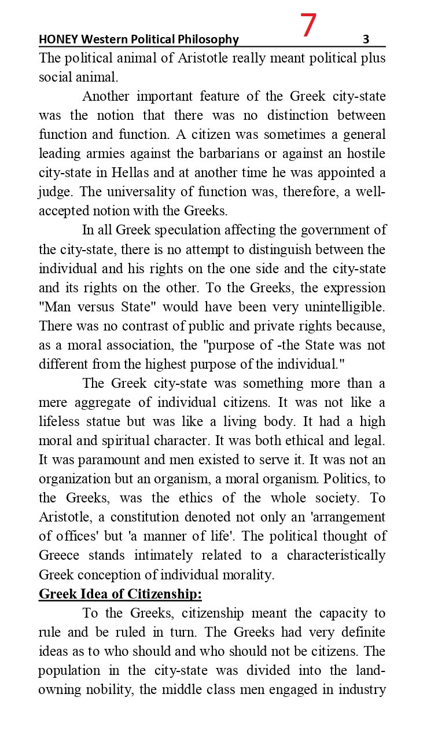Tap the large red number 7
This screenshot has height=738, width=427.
point(309,26)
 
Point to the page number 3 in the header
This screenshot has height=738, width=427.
point(366,39)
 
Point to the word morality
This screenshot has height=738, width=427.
point(245,575)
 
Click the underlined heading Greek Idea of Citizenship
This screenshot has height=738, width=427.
point(120,594)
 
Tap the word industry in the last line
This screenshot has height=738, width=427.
point(363,689)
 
